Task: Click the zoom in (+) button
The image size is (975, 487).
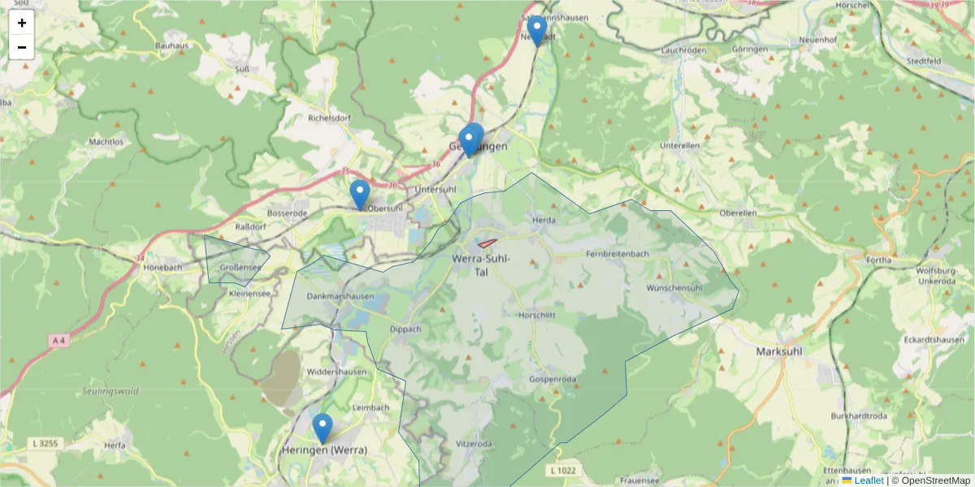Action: pos(22,23)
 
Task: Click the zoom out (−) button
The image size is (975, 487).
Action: pos(22,47)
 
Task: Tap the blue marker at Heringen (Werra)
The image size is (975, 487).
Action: pos(323,428)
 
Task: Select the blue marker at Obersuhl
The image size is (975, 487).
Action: pos(360,194)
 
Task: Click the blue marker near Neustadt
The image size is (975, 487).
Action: pos(536,30)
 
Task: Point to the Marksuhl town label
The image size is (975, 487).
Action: pos(779,352)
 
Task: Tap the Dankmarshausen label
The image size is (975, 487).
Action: pos(340,296)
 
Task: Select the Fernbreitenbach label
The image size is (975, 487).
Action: pos(617,254)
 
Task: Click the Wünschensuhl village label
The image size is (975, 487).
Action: pos(674,288)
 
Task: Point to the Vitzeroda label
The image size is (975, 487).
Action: pos(474,444)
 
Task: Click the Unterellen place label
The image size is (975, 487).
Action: pos(680,146)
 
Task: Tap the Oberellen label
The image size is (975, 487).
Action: pos(739,213)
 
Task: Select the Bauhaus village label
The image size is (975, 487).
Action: pos(171,45)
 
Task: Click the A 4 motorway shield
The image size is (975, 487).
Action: pos(57,340)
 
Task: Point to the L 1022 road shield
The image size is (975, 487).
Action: pos(562,470)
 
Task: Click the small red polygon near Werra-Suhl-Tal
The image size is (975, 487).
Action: pos(487,243)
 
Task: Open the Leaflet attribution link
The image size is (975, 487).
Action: pos(868,481)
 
